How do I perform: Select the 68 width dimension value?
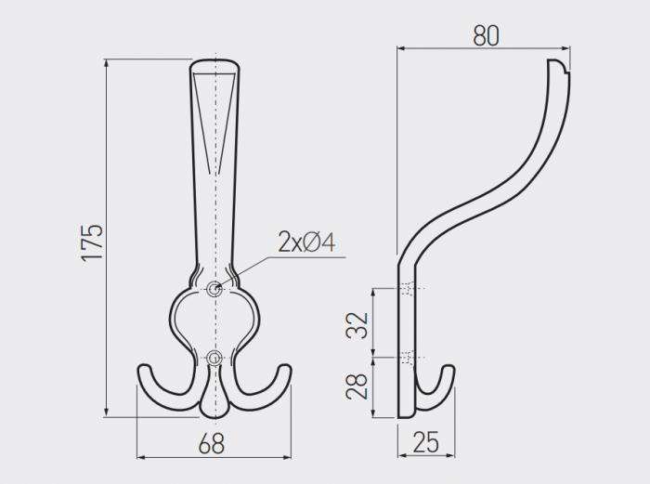pos(212,444)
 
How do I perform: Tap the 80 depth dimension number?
pos(486,34)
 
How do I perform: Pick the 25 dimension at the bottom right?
pos(426,443)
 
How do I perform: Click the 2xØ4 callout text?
pos(306,242)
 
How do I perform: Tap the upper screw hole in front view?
pos(215,289)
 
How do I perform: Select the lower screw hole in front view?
pos(215,357)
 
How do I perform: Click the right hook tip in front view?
pos(283,371)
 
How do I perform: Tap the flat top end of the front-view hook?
pos(216,62)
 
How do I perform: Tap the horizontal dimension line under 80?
pos(483,49)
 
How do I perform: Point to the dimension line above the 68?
pos(214,457)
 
